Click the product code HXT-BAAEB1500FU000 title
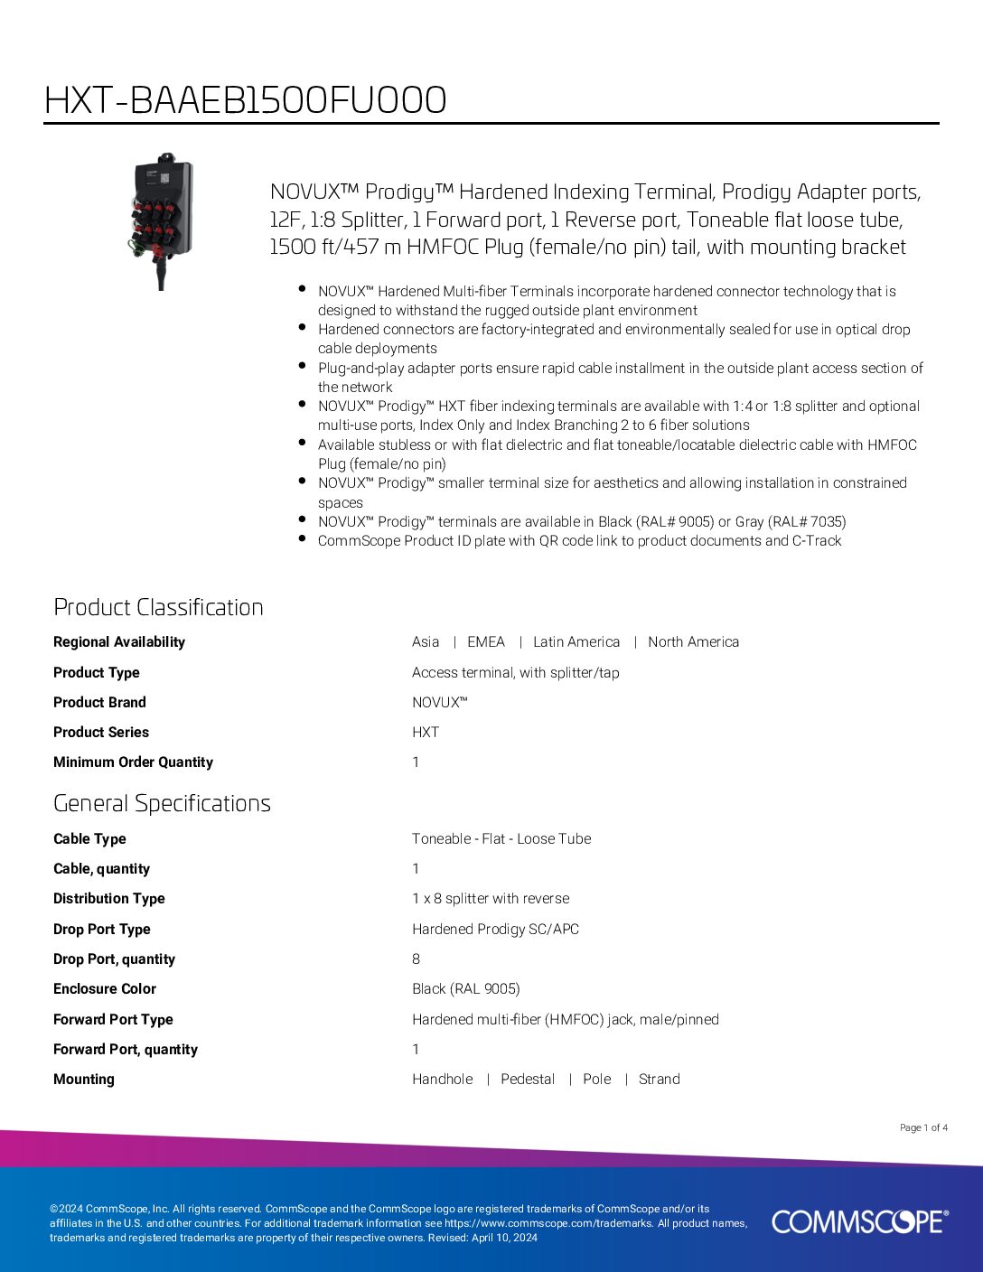click(245, 100)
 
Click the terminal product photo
click(160, 220)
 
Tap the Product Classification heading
click(158, 607)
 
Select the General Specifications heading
click(162, 803)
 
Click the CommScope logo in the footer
click(859, 1221)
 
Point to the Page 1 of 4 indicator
click(923, 1127)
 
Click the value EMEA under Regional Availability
click(486, 641)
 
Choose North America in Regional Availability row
click(693, 641)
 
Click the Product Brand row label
click(99, 702)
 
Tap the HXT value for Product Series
click(426, 732)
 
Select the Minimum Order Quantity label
click(133, 762)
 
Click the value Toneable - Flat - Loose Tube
click(501, 838)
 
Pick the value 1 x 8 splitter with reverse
click(491, 898)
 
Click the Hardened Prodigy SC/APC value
click(495, 929)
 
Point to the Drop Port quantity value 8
click(417, 959)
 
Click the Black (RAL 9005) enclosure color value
click(466, 988)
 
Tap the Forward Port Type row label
click(113, 1019)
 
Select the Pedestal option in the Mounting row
click(528, 1079)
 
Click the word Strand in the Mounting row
click(660, 1079)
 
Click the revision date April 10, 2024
click(504, 1238)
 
